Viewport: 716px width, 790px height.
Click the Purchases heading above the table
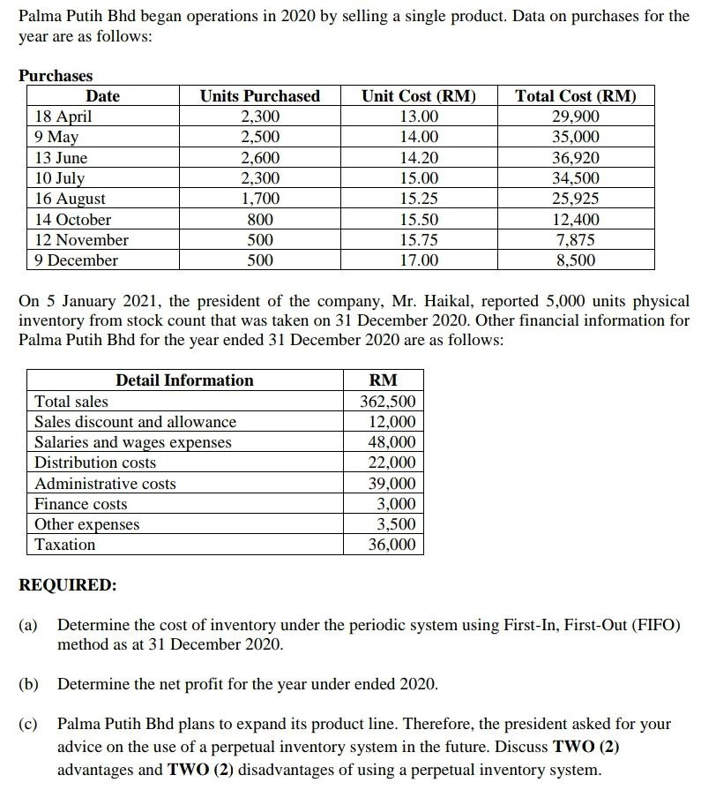56,76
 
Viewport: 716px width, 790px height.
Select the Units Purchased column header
259,96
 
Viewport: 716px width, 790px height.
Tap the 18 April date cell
62,117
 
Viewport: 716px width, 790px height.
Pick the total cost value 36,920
575,158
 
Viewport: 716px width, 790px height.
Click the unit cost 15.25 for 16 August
418,199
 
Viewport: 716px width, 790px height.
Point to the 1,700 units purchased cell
259,199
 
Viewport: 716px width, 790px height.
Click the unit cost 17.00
418,260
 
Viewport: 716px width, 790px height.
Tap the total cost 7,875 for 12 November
575,240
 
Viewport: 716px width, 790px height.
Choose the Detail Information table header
184,380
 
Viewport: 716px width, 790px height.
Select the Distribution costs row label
94,463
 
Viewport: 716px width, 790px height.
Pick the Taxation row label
64,545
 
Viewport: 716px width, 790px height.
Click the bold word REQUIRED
67,585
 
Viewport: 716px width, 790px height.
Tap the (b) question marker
29,684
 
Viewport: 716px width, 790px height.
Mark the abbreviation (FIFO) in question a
652,625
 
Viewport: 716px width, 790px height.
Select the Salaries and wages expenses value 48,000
392,442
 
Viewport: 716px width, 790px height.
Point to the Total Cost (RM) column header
575,96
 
